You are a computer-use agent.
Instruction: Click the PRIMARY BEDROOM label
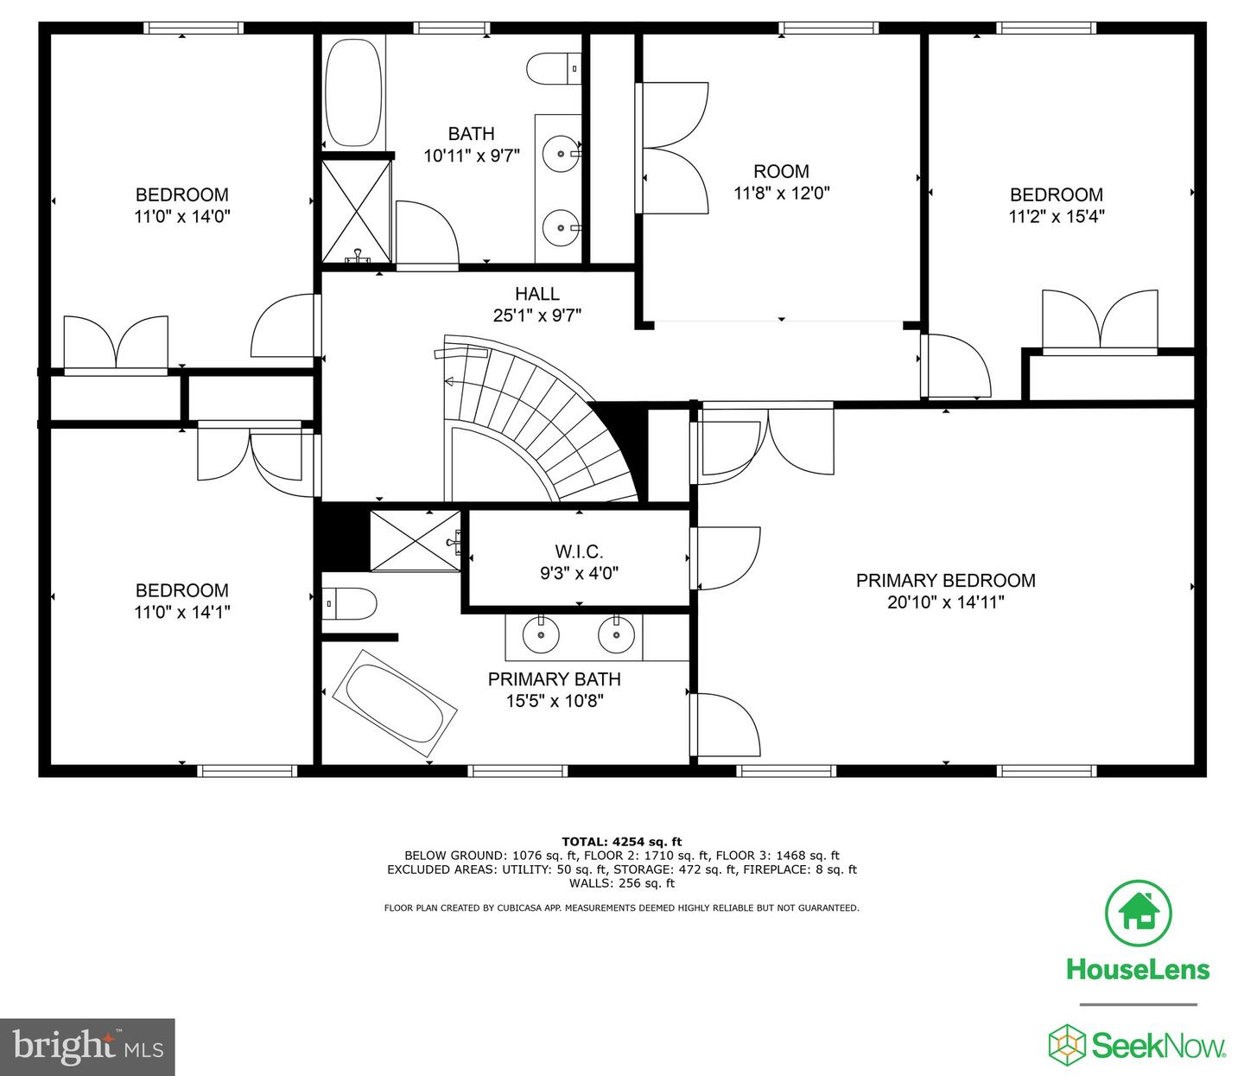[x=945, y=581]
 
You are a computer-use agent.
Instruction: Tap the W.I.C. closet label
[x=579, y=551]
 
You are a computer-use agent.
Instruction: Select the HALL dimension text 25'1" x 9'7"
[x=536, y=316]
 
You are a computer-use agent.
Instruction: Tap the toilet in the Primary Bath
[x=350, y=604]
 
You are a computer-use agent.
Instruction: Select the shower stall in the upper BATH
[x=357, y=210]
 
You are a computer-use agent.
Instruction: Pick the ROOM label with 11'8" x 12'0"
[x=781, y=171]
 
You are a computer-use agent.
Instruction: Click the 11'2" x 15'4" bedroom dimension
[x=1057, y=216]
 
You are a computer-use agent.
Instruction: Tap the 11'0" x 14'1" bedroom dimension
[x=182, y=612]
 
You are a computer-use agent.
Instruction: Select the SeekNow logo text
[x=1158, y=1046]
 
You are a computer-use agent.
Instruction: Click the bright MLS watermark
[x=87, y=1047]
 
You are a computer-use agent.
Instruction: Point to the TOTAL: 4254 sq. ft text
[x=621, y=841]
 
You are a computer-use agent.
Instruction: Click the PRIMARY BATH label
[x=554, y=679]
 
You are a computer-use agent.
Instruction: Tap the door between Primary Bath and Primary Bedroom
[x=724, y=724]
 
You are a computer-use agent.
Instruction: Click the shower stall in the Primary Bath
[x=415, y=541]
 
